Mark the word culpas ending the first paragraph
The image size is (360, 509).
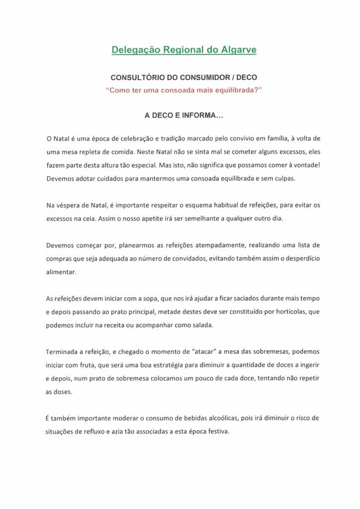tap(284, 178)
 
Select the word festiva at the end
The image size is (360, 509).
tap(218, 432)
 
